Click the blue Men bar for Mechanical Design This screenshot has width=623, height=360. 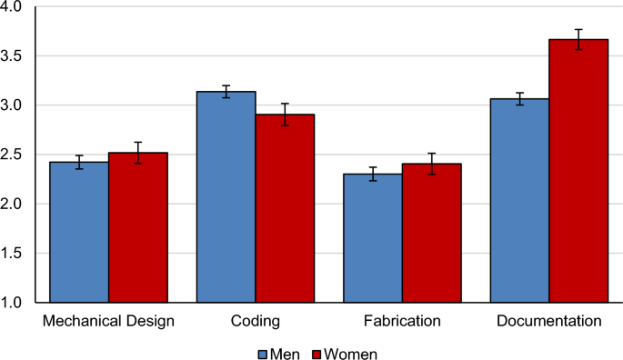(79, 232)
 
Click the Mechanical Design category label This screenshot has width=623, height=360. (108, 321)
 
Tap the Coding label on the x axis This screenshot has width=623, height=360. (255, 321)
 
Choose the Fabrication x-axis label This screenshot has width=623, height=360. (402, 321)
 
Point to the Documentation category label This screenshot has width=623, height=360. (548, 321)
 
